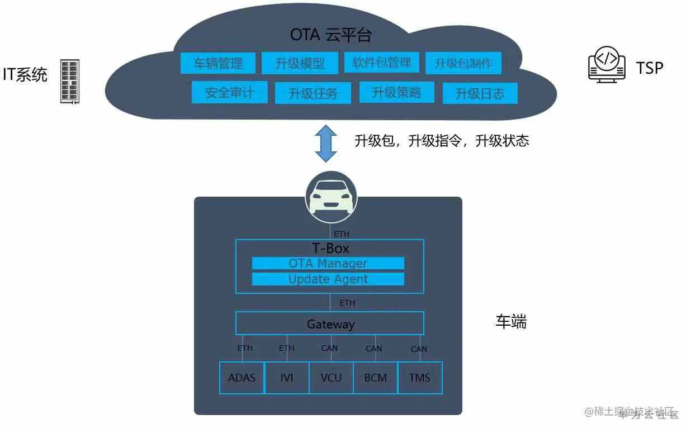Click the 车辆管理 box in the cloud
218,63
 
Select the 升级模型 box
300,63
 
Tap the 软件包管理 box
381,62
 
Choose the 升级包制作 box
463,63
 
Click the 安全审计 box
229,92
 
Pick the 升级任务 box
313,93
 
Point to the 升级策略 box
396,92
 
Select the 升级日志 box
480,93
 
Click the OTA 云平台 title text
330,35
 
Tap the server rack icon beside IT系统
70,81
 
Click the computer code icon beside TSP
607,67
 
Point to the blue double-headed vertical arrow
326,143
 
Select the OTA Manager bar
328,263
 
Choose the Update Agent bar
328,279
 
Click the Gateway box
330,323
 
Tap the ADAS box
242,378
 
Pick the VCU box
331,378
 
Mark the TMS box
419,378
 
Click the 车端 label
511,321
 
